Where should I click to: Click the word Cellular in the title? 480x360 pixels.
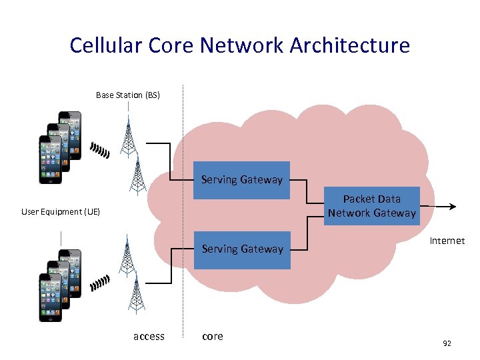pos(101,45)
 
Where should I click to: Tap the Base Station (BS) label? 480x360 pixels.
pos(128,95)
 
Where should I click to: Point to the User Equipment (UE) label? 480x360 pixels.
pos(61,212)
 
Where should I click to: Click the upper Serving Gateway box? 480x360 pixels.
pos(241,180)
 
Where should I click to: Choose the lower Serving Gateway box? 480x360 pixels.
pos(242,249)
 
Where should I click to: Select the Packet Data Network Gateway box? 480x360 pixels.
pos(371,206)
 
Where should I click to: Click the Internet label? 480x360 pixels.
pos(447,241)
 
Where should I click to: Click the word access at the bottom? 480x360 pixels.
pos(149,337)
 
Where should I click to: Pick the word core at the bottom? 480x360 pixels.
pos(212,337)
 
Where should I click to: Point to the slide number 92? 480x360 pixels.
pos(447,343)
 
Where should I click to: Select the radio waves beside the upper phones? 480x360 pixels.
pos(100,151)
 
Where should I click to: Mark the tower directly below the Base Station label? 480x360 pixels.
pos(128,137)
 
